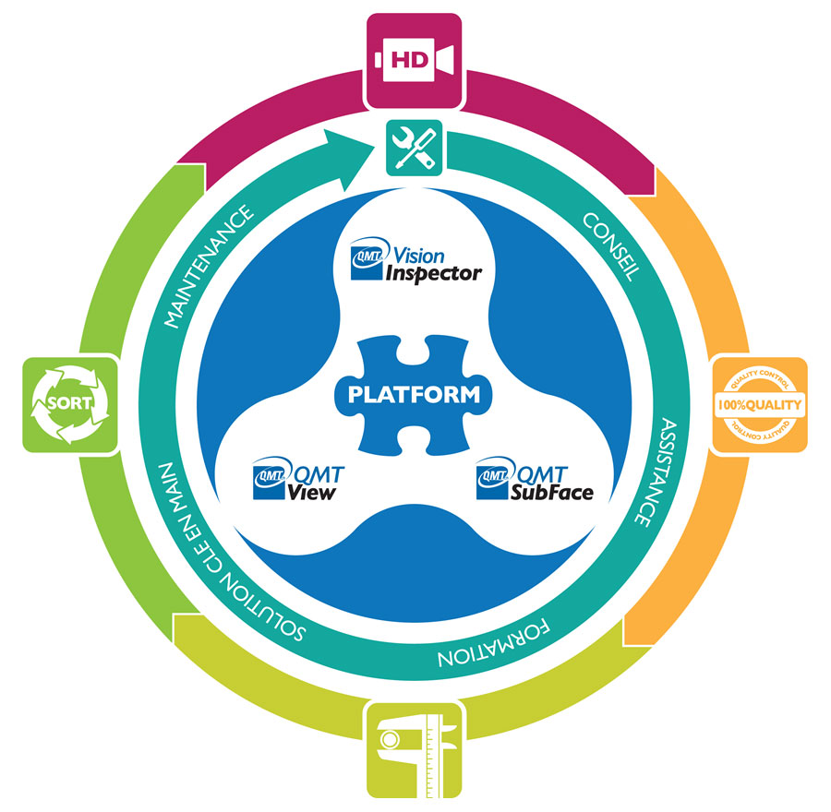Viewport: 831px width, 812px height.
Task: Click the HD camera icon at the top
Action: tap(414, 60)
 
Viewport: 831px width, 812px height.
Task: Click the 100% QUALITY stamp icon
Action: tap(760, 404)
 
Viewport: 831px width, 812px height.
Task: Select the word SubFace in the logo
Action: tap(551, 492)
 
